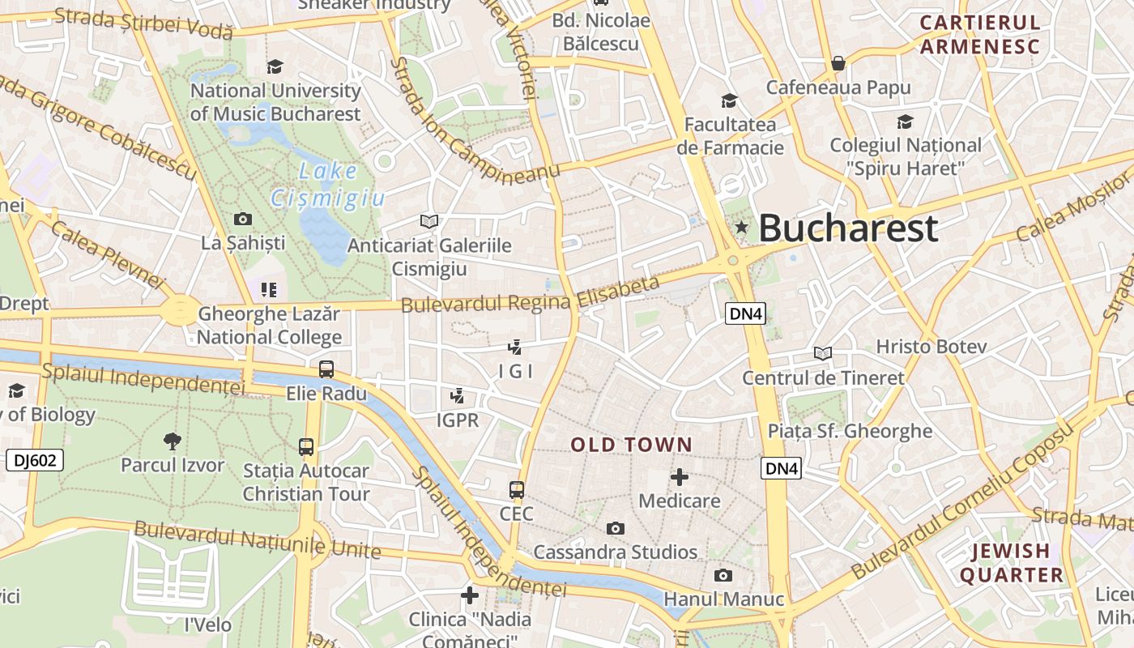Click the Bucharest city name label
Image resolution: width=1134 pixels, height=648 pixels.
(x=848, y=228)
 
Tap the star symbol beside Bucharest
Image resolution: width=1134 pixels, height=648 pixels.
(x=741, y=228)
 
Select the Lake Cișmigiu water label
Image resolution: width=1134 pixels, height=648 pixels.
(x=328, y=185)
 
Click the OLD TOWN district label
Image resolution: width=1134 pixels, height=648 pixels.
(x=632, y=445)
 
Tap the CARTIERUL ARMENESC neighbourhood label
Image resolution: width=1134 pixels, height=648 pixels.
(x=979, y=34)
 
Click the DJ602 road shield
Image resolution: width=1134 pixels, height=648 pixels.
(x=35, y=461)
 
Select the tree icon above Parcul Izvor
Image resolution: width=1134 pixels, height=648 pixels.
(x=172, y=441)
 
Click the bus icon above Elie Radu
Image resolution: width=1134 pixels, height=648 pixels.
(x=326, y=369)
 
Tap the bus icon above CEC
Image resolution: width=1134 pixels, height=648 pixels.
(x=517, y=489)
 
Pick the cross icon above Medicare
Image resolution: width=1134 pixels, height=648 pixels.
(x=680, y=476)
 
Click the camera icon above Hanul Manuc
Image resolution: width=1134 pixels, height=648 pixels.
(x=723, y=575)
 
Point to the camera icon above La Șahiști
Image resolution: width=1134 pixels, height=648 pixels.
(x=242, y=219)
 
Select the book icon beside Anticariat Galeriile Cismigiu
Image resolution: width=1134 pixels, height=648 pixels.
(x=429, y=221)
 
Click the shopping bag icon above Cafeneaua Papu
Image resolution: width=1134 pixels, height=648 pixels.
(x=838, y=63)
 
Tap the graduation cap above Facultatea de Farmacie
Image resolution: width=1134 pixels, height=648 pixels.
(x=730, y=100)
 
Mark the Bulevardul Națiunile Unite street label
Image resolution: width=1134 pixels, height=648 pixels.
(x=257, y=539)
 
